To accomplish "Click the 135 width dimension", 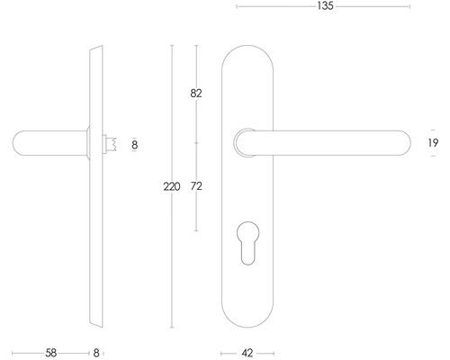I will point(325,7).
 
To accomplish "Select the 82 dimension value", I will point(196,93).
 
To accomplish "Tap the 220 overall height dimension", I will point(172,186).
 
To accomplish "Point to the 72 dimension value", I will point(196,186).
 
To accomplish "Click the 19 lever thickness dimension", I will point(433,144).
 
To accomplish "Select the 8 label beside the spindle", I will point(134,144).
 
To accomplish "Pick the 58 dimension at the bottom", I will point(50,354).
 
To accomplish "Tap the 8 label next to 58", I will point(97,354).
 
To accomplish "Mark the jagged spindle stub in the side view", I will point(112,143).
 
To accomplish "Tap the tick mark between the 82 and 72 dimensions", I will point(196,142).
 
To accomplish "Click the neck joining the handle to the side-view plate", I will point(88,143).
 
